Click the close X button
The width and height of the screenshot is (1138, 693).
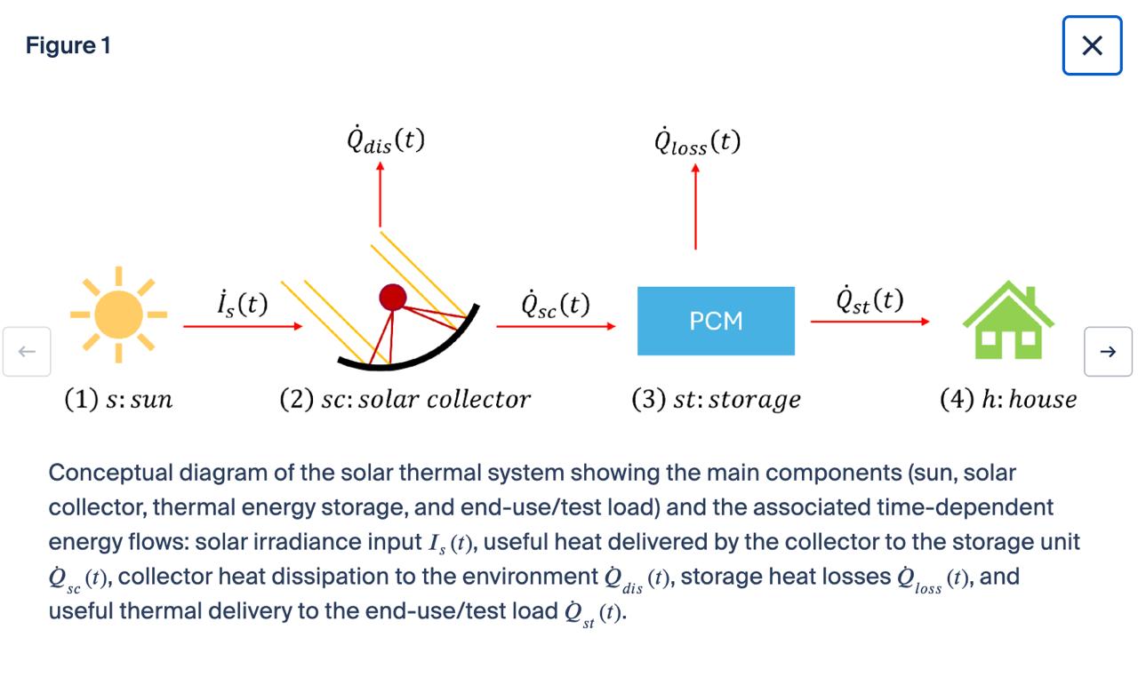[x=1092, y=45]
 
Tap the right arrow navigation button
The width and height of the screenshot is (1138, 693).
[x=1108, y=351]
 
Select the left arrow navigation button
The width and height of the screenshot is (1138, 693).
[x=27, y=351]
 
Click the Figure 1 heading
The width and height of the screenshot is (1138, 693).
[x=68, y=45]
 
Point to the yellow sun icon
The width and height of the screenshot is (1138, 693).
[x=119, y=315]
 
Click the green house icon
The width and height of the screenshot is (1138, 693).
[x=1008, y=320]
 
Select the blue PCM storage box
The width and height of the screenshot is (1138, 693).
[x=716, y=321]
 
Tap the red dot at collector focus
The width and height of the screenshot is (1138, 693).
[x=393, y=298]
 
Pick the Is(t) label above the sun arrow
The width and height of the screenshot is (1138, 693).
[x=243, y=304]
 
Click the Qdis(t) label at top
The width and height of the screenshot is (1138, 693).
[x=386, y=139]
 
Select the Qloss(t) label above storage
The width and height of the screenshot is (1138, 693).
[x=697, y=141]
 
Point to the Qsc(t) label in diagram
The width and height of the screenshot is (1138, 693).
[x=556, y=304]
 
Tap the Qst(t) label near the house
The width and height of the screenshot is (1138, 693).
[x=870, y=299]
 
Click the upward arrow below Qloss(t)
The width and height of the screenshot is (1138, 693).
[x=695, y=207]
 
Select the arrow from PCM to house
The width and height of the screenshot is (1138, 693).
[x=870, y=322]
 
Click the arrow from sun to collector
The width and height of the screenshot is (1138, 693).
[x=243, y=326]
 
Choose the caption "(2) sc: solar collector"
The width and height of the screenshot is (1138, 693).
[x=405, y=399]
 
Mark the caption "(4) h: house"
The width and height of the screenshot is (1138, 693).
[x=1008, y=399]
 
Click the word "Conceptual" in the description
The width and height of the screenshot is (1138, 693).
[x=111, y=474]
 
